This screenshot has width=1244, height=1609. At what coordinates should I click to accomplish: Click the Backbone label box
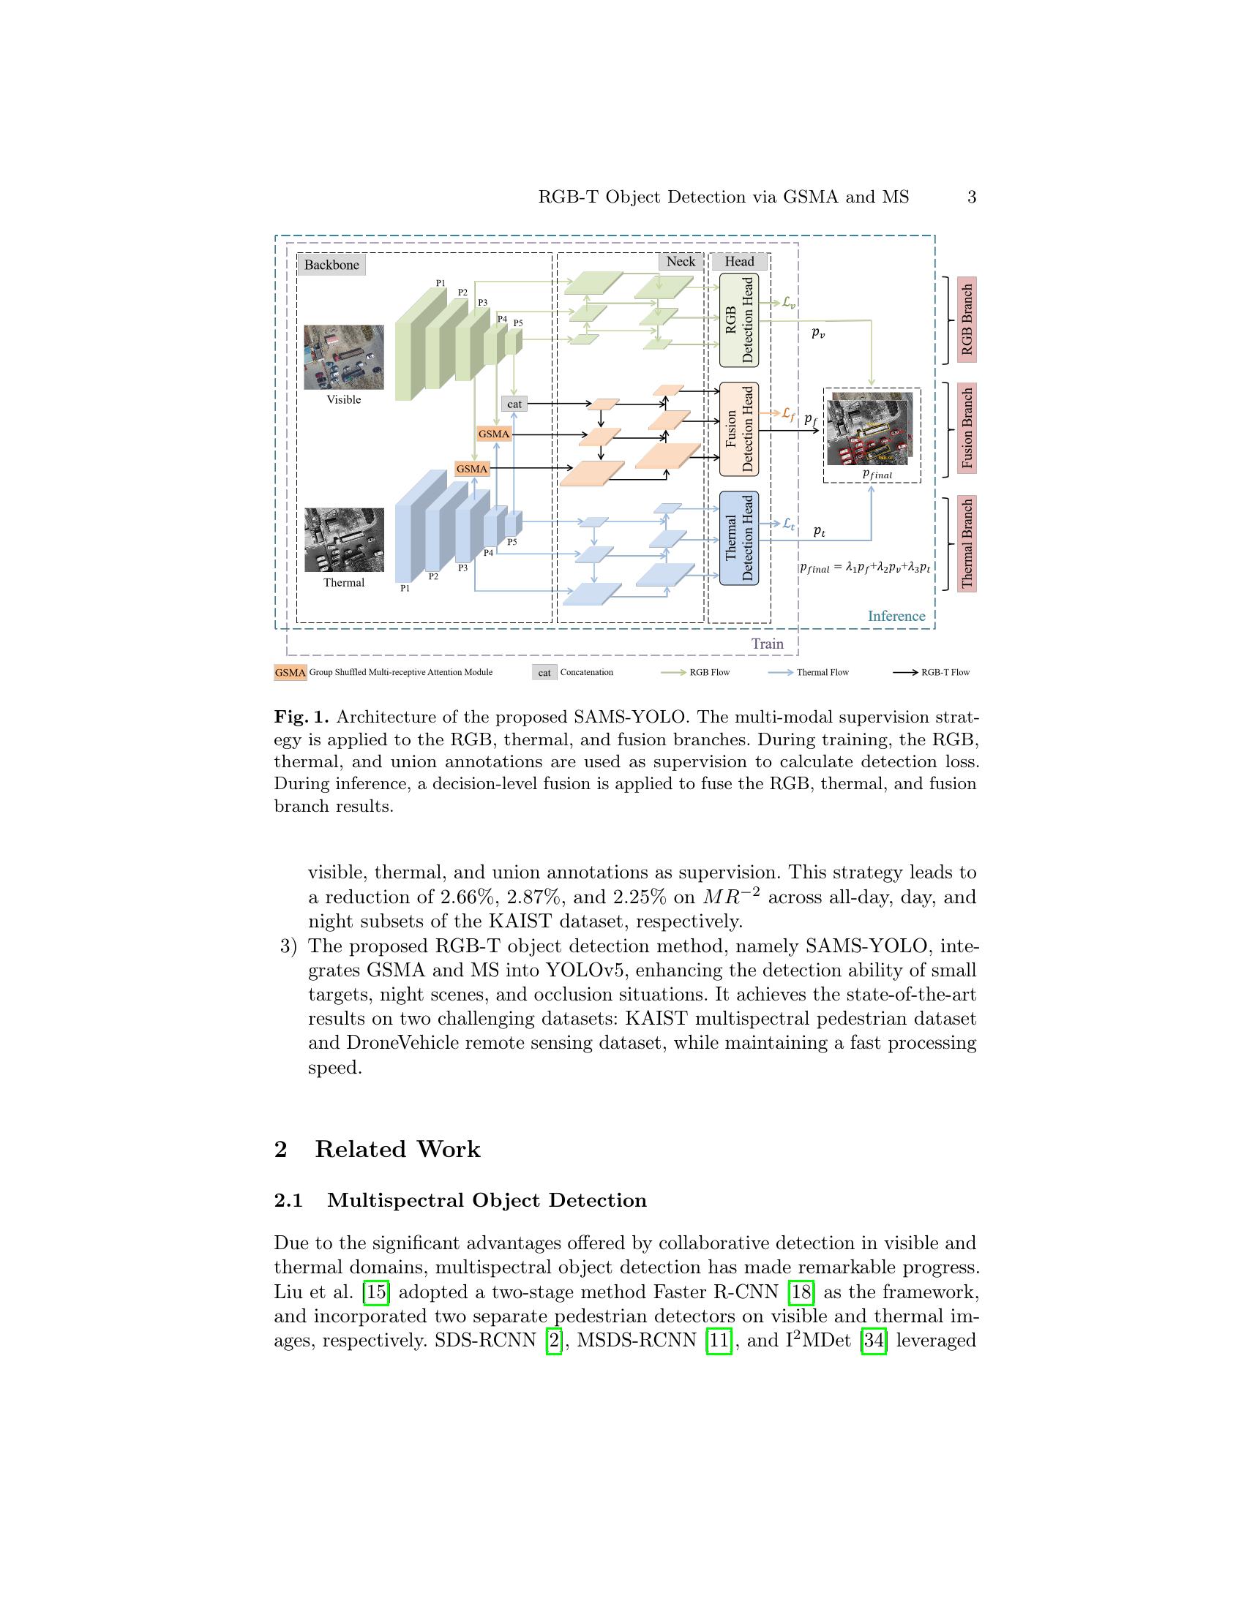click(331, 265)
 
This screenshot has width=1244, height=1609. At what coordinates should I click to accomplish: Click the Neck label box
click(680, 262)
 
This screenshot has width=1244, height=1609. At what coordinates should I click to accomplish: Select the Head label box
click(738, 262)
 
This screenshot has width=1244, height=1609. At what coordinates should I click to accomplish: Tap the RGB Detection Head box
click(739, 320)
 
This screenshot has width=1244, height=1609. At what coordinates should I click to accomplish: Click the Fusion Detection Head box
click(739, 429)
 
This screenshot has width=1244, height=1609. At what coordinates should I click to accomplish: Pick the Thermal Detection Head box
click(739, 538)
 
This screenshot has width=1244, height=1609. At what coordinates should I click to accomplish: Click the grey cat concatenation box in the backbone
click(514, 404)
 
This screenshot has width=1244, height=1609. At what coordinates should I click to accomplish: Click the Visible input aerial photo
click(343, 358)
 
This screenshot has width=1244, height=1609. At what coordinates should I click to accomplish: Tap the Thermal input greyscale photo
click(343, 539)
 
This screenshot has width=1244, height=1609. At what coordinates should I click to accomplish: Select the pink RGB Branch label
click(966, 320)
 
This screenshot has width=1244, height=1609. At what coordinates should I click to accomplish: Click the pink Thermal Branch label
click(966, 543)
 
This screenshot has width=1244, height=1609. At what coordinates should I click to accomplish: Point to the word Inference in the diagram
click(896, 616)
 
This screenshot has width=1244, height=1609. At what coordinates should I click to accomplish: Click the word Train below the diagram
click(766, 644)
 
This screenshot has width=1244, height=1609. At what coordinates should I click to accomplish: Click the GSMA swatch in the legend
click(290, 673)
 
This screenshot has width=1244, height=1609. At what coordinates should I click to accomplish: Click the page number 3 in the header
click(971, 197)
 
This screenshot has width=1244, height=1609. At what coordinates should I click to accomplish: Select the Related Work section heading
click(397, 1149)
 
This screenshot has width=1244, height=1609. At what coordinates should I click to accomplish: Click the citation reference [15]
click(376, 1292)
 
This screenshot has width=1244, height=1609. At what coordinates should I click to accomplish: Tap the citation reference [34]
click(873, 1340)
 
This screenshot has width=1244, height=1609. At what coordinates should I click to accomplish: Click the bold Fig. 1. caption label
click(301, 717)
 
